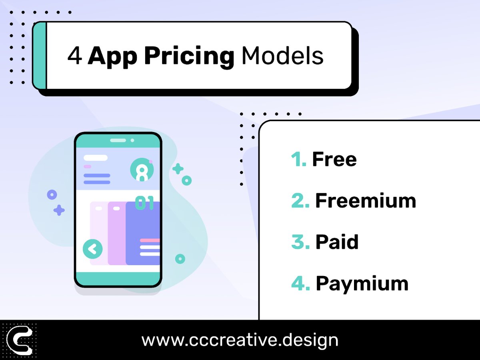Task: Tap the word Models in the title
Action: point(282,56)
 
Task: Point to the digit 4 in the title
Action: point(75,56)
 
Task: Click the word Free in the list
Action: point(334,159)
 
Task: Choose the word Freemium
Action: point(366,201)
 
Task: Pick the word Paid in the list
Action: point(337,242)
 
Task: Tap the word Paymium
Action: point(362,284)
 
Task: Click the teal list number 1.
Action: point(298,159)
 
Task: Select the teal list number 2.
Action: point(300,201)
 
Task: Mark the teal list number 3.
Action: point(300,242)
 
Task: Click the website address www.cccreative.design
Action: point(240,340)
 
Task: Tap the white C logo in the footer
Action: point(20,340)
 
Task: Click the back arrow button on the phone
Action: point(93,250)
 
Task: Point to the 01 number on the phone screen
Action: point(144,203)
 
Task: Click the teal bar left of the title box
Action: point(40,55)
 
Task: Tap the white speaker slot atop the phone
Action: point(118,140)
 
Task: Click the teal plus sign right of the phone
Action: point(178,169)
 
